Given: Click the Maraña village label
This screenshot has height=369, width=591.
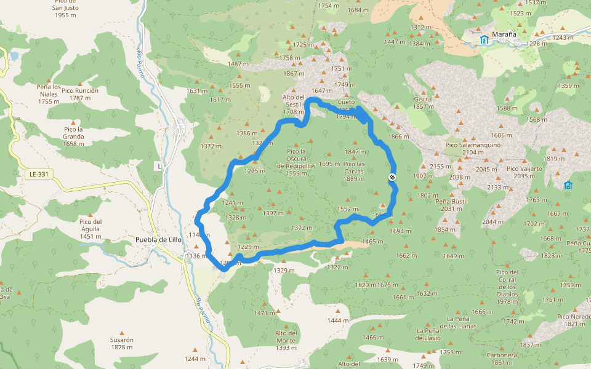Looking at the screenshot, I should point(504,34).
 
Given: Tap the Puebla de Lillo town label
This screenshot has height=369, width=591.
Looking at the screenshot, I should point(158,240).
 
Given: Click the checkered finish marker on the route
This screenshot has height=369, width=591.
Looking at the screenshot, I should point(392,177).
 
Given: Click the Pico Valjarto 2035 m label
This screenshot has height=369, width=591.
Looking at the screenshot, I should point(524,172).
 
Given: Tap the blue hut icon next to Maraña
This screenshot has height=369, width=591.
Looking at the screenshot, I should point(484,40).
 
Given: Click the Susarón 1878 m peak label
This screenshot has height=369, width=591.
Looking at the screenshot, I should point(121,343).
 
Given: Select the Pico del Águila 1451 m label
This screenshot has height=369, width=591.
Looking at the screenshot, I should point(90,228).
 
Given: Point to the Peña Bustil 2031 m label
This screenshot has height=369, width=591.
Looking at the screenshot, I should point(451,205).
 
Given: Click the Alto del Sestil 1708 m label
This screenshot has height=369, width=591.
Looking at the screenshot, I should point(294,105).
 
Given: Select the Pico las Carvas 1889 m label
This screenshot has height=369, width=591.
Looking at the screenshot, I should point(354,171).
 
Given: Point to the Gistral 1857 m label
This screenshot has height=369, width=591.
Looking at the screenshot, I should point(423,102).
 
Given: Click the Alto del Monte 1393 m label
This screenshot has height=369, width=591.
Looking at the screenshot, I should point(286,340).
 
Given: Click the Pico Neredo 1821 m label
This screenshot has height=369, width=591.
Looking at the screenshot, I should point(574,320).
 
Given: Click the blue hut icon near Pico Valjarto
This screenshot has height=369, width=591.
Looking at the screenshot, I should point(568,184).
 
